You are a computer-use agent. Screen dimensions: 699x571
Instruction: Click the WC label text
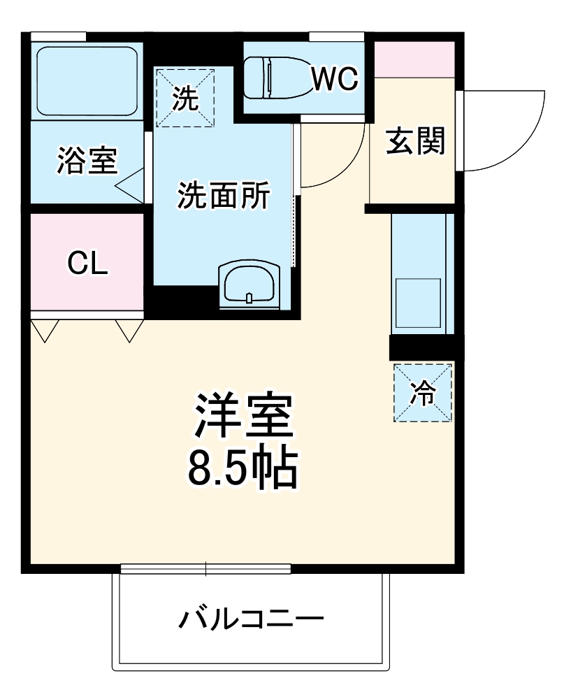[x=335, y=80]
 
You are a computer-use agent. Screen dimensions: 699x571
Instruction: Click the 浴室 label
[x=87, y=161]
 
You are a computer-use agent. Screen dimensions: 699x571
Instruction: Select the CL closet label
[x=87, y=263]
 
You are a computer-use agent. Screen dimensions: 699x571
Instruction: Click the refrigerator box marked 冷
[x=422, y=393]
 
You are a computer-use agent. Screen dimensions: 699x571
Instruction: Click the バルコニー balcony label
[x=250, y=619]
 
